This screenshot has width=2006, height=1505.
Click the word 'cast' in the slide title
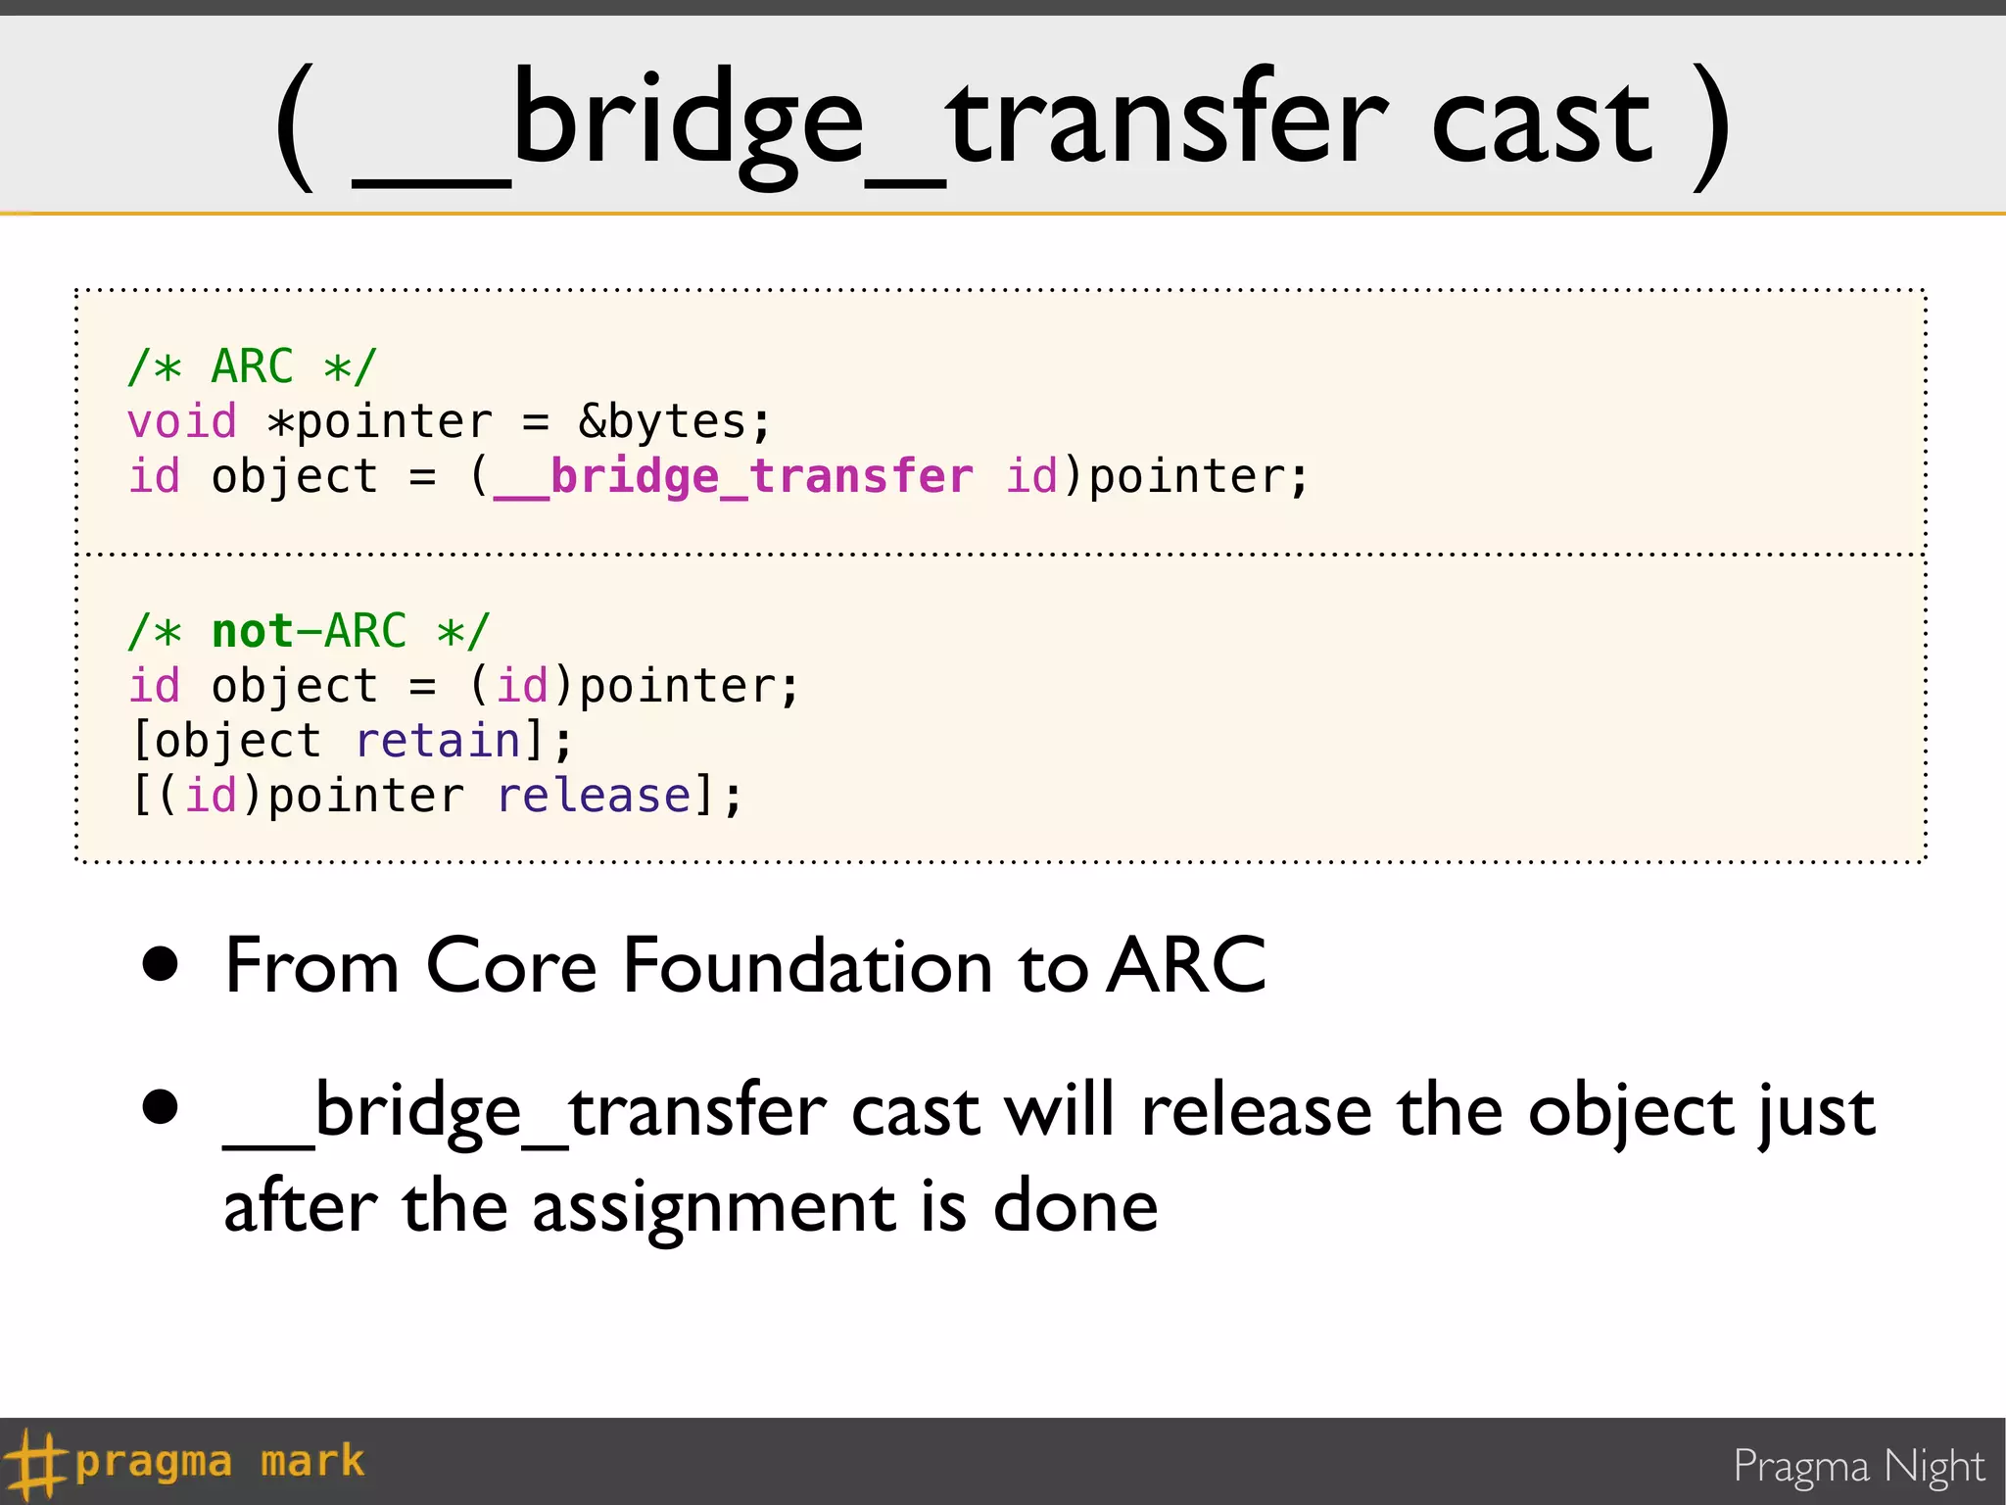coord(1542,125)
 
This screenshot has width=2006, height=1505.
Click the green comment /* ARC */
coord(252,366)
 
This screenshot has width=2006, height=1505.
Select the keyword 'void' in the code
coord(182,422)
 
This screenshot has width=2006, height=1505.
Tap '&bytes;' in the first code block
coord(675,422)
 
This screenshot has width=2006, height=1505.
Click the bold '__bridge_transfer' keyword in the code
coord(733,477)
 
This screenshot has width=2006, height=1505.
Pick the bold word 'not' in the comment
coord(253,631)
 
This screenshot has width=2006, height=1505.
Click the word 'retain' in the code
coord(438,741)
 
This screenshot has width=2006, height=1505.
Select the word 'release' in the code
coord(595,796)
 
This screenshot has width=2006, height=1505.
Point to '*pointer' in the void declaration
coord(380,422)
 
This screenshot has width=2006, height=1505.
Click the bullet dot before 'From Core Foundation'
coord(161,964)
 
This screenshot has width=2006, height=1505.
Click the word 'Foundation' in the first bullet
coord(806,966)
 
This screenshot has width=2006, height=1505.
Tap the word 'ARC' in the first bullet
coord(1186,966)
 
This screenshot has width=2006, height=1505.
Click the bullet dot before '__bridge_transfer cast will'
coord(161,1107)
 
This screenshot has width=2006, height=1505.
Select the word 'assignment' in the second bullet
coord(713,1207)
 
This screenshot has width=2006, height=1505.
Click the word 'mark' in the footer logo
coord(312,1461)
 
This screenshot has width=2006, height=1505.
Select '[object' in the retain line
coord(226,741)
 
